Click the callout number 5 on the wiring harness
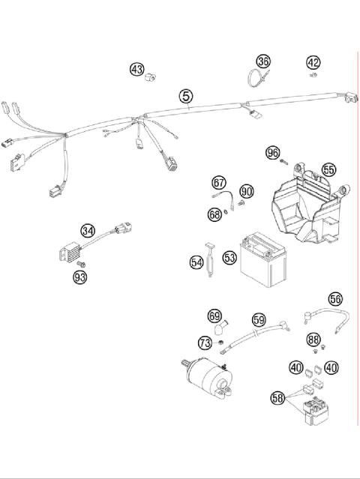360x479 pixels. [x=185, y=96]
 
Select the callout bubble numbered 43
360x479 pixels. [x=136, y=69]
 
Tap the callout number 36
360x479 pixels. [x=262, y=61]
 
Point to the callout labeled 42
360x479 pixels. [x=313, y=62]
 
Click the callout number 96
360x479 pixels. [x=273, y=153]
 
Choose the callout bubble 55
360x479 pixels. [x=328, y=169]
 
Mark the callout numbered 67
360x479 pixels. [x=219, y=182]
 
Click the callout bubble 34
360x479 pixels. [x=88, y=230]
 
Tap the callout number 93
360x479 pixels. [x=80, y=277]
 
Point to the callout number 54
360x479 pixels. [x=196, y=262]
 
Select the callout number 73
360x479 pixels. [x=205, y=343]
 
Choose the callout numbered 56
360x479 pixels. [x=334, y=298]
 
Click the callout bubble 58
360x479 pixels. [x=277, y=398]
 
